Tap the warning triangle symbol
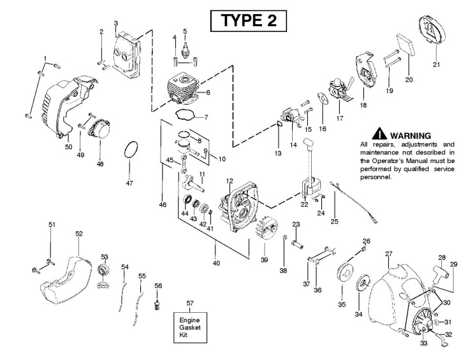(381, 135)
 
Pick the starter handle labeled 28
(441, 271)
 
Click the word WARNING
(411, 136)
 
